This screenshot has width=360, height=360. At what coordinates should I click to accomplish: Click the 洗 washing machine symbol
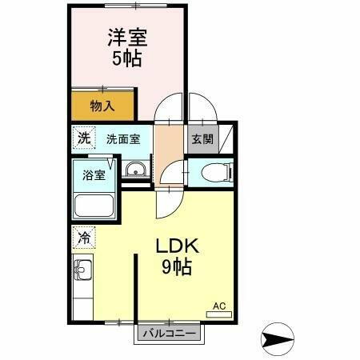tap(84, 138)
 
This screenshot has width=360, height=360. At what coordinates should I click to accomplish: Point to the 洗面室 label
tap(123, 138)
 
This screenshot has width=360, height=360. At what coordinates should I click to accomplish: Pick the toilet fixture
tap(215, 170)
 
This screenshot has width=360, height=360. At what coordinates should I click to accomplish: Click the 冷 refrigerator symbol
tap(84, 237)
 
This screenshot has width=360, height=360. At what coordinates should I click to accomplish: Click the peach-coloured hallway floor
tap(168, 144)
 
